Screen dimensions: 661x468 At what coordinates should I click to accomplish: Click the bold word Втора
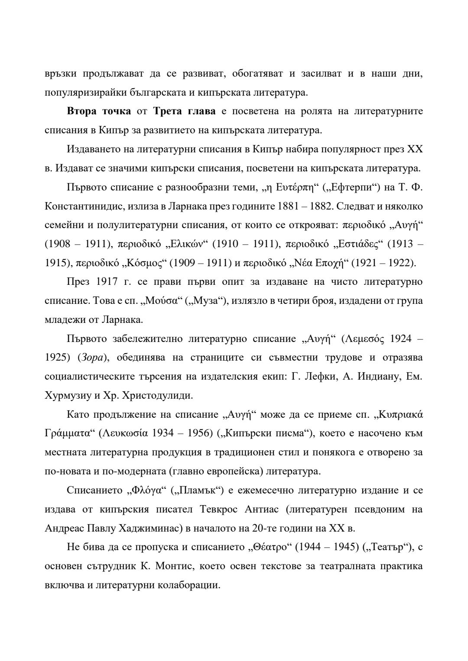[x=82, y=111]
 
